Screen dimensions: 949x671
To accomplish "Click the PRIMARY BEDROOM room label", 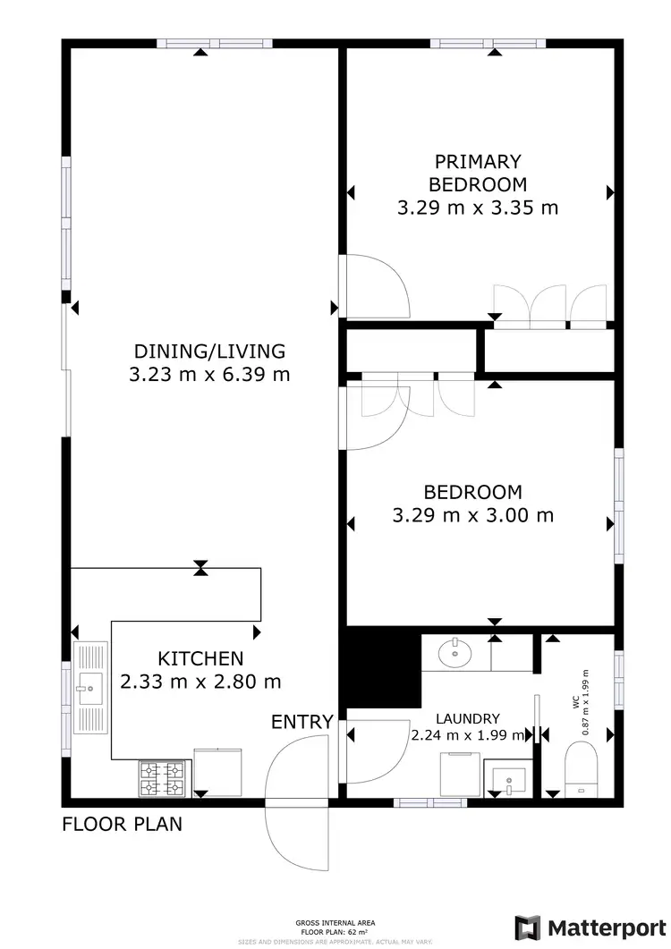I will [x=477, y=174].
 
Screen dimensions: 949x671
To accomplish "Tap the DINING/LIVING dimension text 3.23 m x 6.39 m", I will [x=209, y=375].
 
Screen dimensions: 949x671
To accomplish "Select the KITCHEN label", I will [x=200, y=658].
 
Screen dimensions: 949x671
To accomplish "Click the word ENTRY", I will [x=302, y=722].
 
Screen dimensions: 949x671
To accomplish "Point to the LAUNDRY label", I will [x=467, y=718].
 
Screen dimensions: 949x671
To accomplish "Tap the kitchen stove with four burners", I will [x=162, y=777].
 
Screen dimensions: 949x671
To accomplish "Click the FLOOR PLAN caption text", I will [x=122, y=824].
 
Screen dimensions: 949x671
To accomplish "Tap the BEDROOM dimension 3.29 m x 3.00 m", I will [x=473, y=516].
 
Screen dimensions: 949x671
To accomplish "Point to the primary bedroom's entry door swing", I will [x=374, y=286].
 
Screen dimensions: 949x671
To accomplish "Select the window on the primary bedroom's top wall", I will [x=488, y=43].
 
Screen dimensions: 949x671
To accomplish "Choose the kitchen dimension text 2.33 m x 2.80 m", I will [x=200, y=682].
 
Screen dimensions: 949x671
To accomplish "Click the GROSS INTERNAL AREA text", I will [x=335, y=922].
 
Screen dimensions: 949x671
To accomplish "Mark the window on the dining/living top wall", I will [x=215, y=43].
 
